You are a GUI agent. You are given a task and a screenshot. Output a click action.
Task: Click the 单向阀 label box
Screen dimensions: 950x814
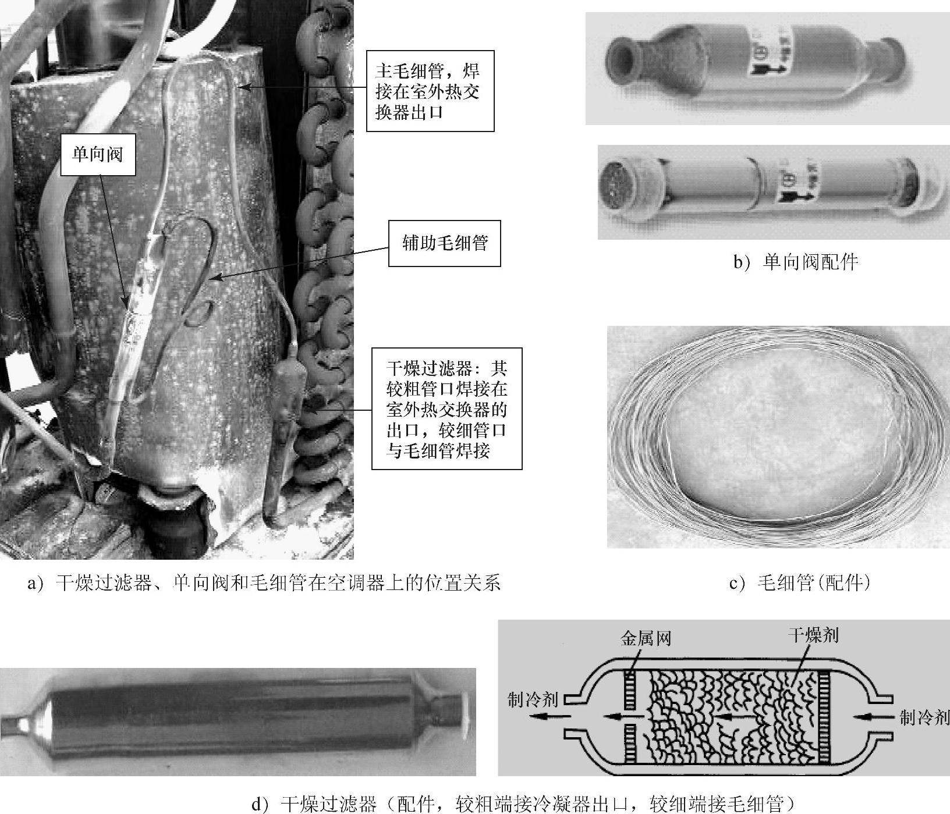[x=98, y=154]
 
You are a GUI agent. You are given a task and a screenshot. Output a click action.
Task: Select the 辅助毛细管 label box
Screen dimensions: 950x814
[x=444, y=243]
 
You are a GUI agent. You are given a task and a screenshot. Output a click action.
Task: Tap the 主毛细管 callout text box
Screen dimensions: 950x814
[x=430, y=91]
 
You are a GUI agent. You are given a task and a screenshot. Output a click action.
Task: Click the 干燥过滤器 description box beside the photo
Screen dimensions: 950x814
[x=446, y=408]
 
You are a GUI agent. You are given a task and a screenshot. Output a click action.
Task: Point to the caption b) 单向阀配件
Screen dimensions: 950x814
[x=795, y=263]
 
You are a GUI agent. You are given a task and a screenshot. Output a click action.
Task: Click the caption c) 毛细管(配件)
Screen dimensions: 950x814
[x=800, y=582]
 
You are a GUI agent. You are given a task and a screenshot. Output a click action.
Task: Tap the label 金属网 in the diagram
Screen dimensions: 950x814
[x=646, y=638]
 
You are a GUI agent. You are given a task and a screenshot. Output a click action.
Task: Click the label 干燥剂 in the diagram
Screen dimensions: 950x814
[x=813, y=635]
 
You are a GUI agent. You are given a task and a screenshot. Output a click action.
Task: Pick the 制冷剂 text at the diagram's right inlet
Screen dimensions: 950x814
[x=924, y=717]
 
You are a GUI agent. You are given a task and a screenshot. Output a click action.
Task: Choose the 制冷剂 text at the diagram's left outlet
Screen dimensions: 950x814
[x=532, y=699]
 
